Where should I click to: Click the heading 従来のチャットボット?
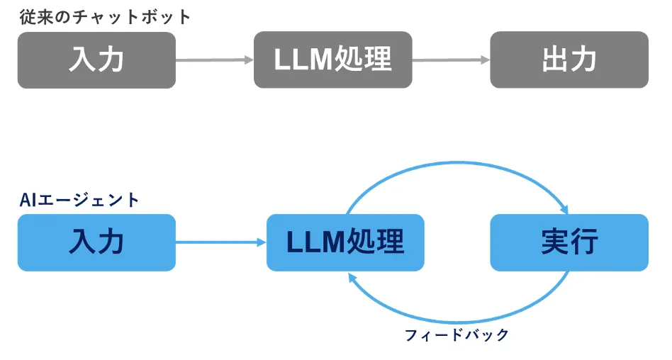pyautogui.click(x=105, y=16)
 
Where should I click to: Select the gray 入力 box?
pyautogui.click(x=96, y=60)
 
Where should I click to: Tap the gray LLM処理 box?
pyautogui.click(x=332, y=60)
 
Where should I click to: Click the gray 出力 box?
pyautogui.click(x=569, y=60)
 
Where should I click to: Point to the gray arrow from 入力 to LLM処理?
pyautogui.click(x=214, y=60)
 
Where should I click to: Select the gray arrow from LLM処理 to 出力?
pyautogui.click(x=451, y=60)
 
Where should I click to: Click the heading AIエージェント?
pyautogui.click(x=79, y=200)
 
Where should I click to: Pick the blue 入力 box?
pyautogui.click(x=96, y=242)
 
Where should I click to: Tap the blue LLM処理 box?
pyautogui.click(x=345, y=242)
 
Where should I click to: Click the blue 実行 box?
pyautogui.click(x=569, y=242)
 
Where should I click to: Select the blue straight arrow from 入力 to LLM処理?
pyautogui.click(x=220, y=242)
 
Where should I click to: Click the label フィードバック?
pyautogui.click(x=457, y=335)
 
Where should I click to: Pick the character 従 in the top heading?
pyautogui.click(x=27, y=16)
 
